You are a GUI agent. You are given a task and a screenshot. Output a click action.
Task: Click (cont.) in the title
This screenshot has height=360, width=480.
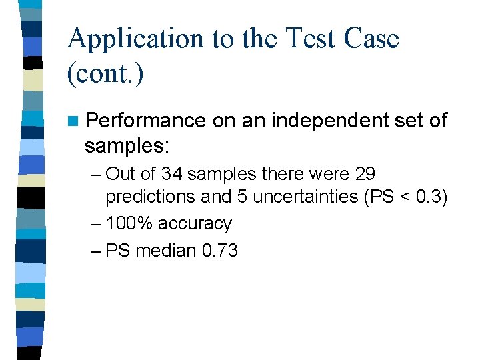point(105,74)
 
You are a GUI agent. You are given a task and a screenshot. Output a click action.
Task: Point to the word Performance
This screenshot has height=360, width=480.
point(146,121)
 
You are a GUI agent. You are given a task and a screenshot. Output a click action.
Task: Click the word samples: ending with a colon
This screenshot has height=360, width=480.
point(127,145)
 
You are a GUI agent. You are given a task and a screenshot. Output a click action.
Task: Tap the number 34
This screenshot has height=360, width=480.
point(171,175)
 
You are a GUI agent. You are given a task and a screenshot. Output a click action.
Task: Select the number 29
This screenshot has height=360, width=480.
point(365,175)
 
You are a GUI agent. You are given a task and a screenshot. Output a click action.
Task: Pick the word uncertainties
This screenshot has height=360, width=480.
point(309,198)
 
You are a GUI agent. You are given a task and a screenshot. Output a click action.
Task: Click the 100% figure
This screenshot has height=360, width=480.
point(129,224)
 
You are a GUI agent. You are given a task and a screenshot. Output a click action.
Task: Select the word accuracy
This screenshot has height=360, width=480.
point(197,224)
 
